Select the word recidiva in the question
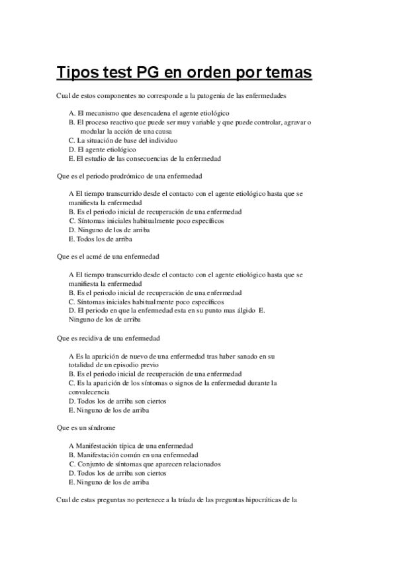click(x=104, y=337)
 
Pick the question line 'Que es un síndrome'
click(x=87, y=427)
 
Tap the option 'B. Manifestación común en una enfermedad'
click(x=133, y=455)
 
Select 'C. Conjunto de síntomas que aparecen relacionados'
click(x=144, y=464)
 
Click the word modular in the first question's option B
click(x=91, y=132)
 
